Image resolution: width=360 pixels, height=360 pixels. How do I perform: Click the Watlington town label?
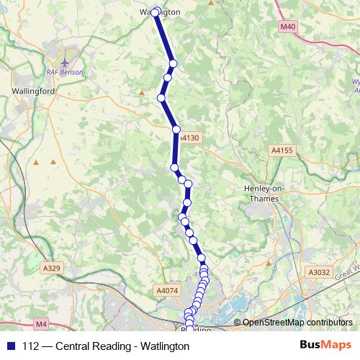coord(160,12)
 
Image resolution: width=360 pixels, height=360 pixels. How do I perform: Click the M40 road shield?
coord(288,27)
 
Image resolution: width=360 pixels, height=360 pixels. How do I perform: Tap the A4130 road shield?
coord(189,137)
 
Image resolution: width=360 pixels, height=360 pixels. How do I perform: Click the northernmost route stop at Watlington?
coord(156,12)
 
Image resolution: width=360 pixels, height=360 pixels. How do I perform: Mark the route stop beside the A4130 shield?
coord(176,130)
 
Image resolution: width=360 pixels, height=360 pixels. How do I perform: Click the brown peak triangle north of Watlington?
coord(210,3)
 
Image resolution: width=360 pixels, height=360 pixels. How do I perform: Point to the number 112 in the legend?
coord(31,346)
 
